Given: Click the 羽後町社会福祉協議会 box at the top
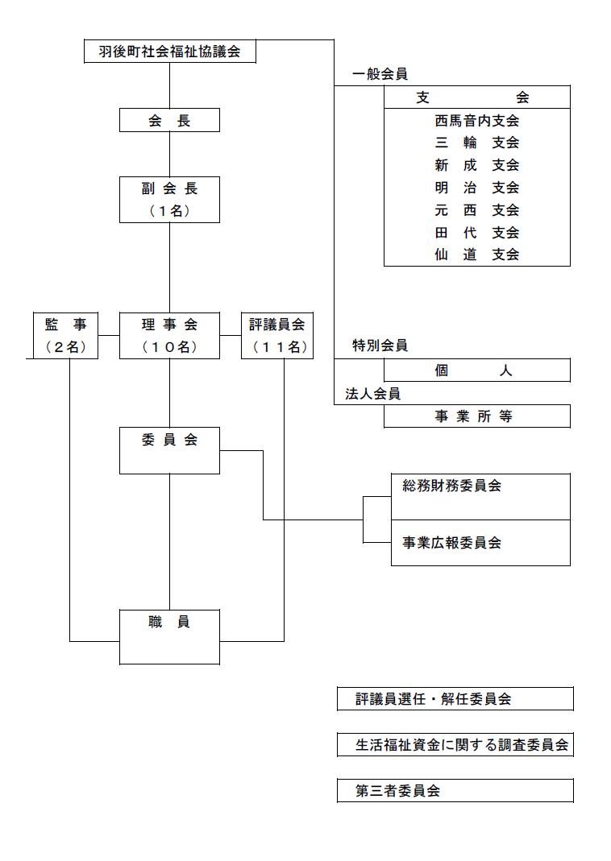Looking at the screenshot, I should [170, 52].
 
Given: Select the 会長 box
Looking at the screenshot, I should [169, 121].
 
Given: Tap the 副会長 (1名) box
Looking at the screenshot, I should [169, 200].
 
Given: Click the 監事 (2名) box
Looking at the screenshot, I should [65, 335].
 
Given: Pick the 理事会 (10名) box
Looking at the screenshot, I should [169, 335].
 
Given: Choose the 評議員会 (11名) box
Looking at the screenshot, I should [277, 335].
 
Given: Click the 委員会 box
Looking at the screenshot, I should [169, 450].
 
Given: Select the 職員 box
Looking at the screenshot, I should [169, 636].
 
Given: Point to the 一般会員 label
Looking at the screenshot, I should [380, 74].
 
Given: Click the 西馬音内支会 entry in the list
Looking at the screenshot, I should [476, 122].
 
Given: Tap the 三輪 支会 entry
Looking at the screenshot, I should [476, 143].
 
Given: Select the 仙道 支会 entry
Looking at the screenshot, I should [476, 255].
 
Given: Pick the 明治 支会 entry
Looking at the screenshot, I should [476, 188].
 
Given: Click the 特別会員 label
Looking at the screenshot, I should [380, 346].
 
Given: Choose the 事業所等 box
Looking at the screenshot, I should [476, 416].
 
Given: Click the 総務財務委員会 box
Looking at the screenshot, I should [480, 496].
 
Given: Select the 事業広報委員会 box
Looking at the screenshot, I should [480, 543].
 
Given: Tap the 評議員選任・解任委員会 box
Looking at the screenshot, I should [455, 699].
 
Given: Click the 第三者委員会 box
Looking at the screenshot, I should [455, 791].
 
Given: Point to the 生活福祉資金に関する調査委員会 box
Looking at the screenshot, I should [455, 745].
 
